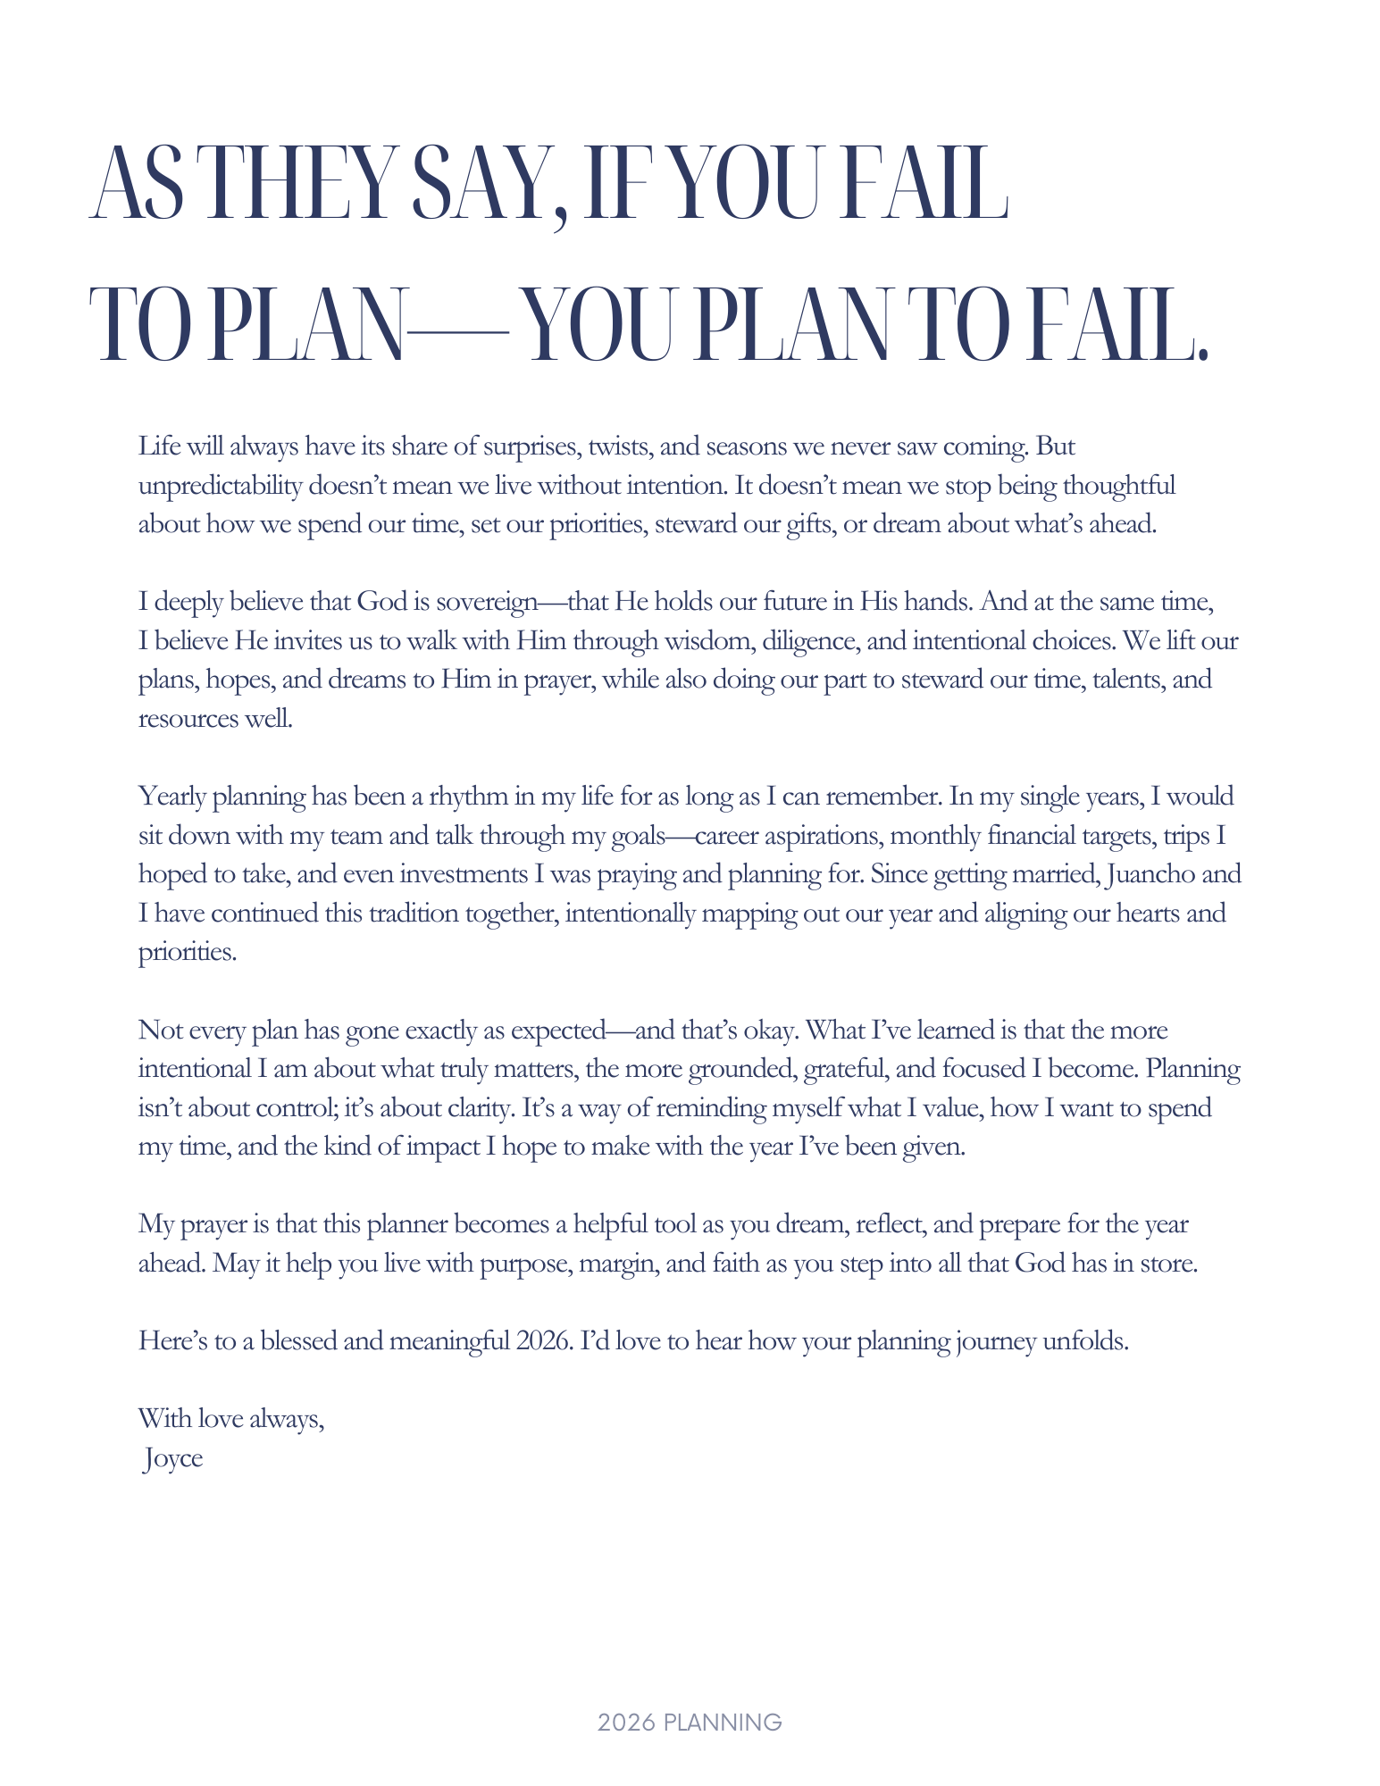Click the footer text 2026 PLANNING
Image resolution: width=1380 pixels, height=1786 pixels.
click(690, 1723)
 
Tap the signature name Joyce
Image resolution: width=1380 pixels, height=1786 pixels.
click(172, 1458)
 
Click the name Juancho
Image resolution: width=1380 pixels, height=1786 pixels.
click(1150, 873)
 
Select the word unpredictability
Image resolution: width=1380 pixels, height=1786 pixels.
click(220, 486)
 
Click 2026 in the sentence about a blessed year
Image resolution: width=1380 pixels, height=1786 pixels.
click(543, 1341)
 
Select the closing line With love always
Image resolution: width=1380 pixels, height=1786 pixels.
click(230, 1419)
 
